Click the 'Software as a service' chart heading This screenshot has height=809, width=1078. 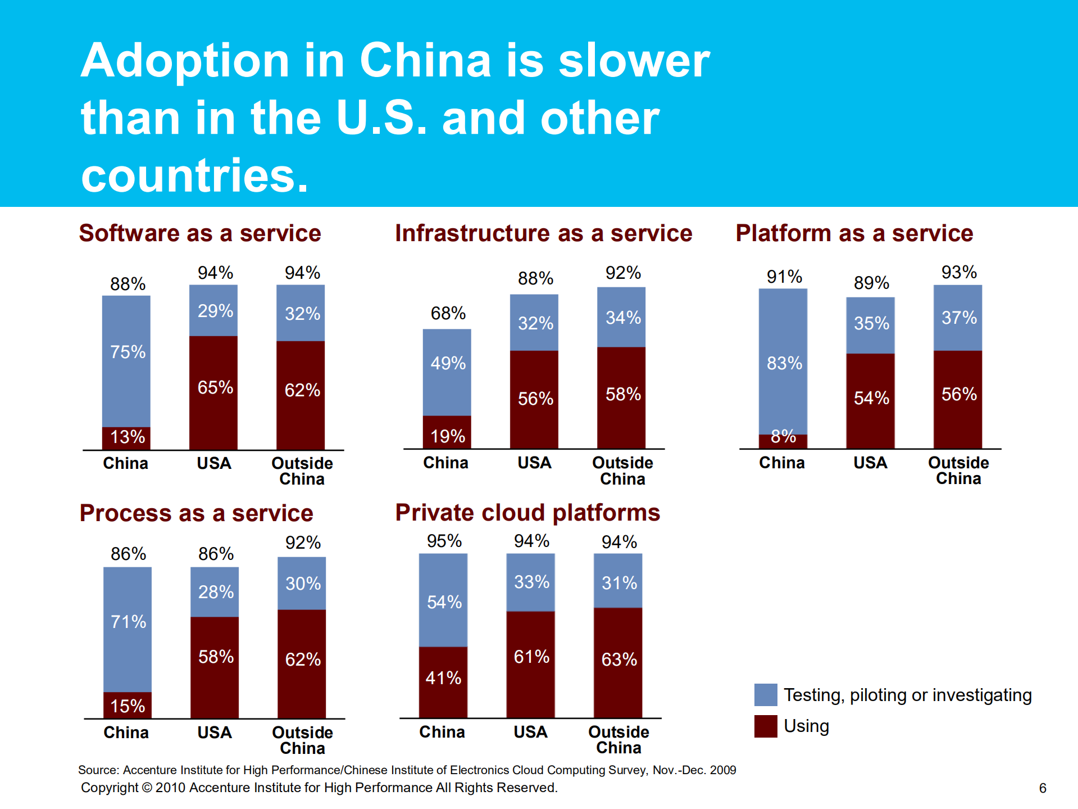click(200, 233)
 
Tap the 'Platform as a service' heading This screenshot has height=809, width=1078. click(854, 233)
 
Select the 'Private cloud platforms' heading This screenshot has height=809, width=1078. click(527, 513)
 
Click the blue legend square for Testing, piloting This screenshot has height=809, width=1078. click(766, 695)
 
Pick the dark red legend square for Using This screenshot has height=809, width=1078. click(766, 726)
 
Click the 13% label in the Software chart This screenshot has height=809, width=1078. click(128, 437)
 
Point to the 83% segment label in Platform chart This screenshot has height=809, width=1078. click(784, 363)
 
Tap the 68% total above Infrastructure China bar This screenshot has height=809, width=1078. click(448, 313)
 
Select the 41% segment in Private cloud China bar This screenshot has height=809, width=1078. click(443, 678)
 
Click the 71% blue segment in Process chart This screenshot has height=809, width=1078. click(128, 622)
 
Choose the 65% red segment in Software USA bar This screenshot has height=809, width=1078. click(215, 387)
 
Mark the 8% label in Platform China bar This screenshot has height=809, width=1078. click(783, 436)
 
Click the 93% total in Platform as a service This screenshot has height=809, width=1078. click(959, 273)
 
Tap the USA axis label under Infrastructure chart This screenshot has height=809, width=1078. click(534, 463)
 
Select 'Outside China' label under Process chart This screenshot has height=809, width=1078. click(302, 740)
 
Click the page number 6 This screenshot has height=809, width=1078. click(1042, 788)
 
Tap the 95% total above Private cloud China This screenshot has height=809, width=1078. click(444, 541)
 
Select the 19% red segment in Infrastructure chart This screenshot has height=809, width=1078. click(448, 436)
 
